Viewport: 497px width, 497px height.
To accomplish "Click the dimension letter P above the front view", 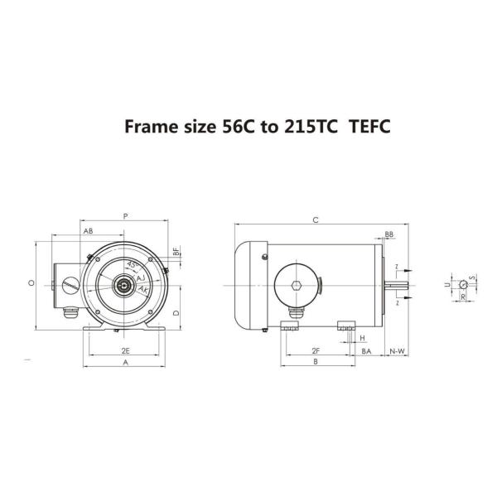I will [x=124, y=215].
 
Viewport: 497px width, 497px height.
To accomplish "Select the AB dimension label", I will [x=89, y=231].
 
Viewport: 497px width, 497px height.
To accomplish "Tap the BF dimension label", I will [x=176, y=250].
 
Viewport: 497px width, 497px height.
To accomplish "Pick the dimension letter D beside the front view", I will [x=176, y=314].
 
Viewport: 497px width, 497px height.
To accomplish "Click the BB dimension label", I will [x=388, y=234].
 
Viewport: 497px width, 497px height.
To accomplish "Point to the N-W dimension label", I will [x=398, y=351].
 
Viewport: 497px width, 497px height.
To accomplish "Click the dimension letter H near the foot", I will [x=362, y=338].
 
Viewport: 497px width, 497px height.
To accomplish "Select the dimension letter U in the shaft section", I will [x=446, y=284].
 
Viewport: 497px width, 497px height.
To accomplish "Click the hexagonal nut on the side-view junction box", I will [x=297, y=286].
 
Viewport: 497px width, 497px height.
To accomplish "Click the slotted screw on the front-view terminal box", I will [x=70, y=286].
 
